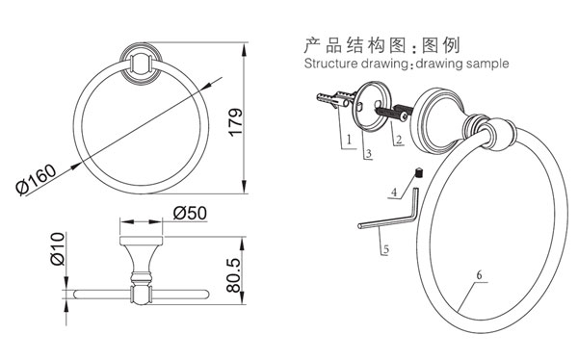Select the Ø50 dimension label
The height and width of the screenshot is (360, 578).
pyautogui.click(x=192, y=215)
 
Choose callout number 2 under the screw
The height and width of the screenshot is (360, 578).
pyautogui.click(x=396, y=141)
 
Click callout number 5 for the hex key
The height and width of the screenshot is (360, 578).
pyautogui.click(x=385, y=249)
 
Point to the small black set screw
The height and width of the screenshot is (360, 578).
pyautogui.click(x=419, y=173)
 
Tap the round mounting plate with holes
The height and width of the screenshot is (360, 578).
pyautogui.click(x=369, y=101)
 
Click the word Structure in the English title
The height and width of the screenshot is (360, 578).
pyautogui.click(x=329, y=64)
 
